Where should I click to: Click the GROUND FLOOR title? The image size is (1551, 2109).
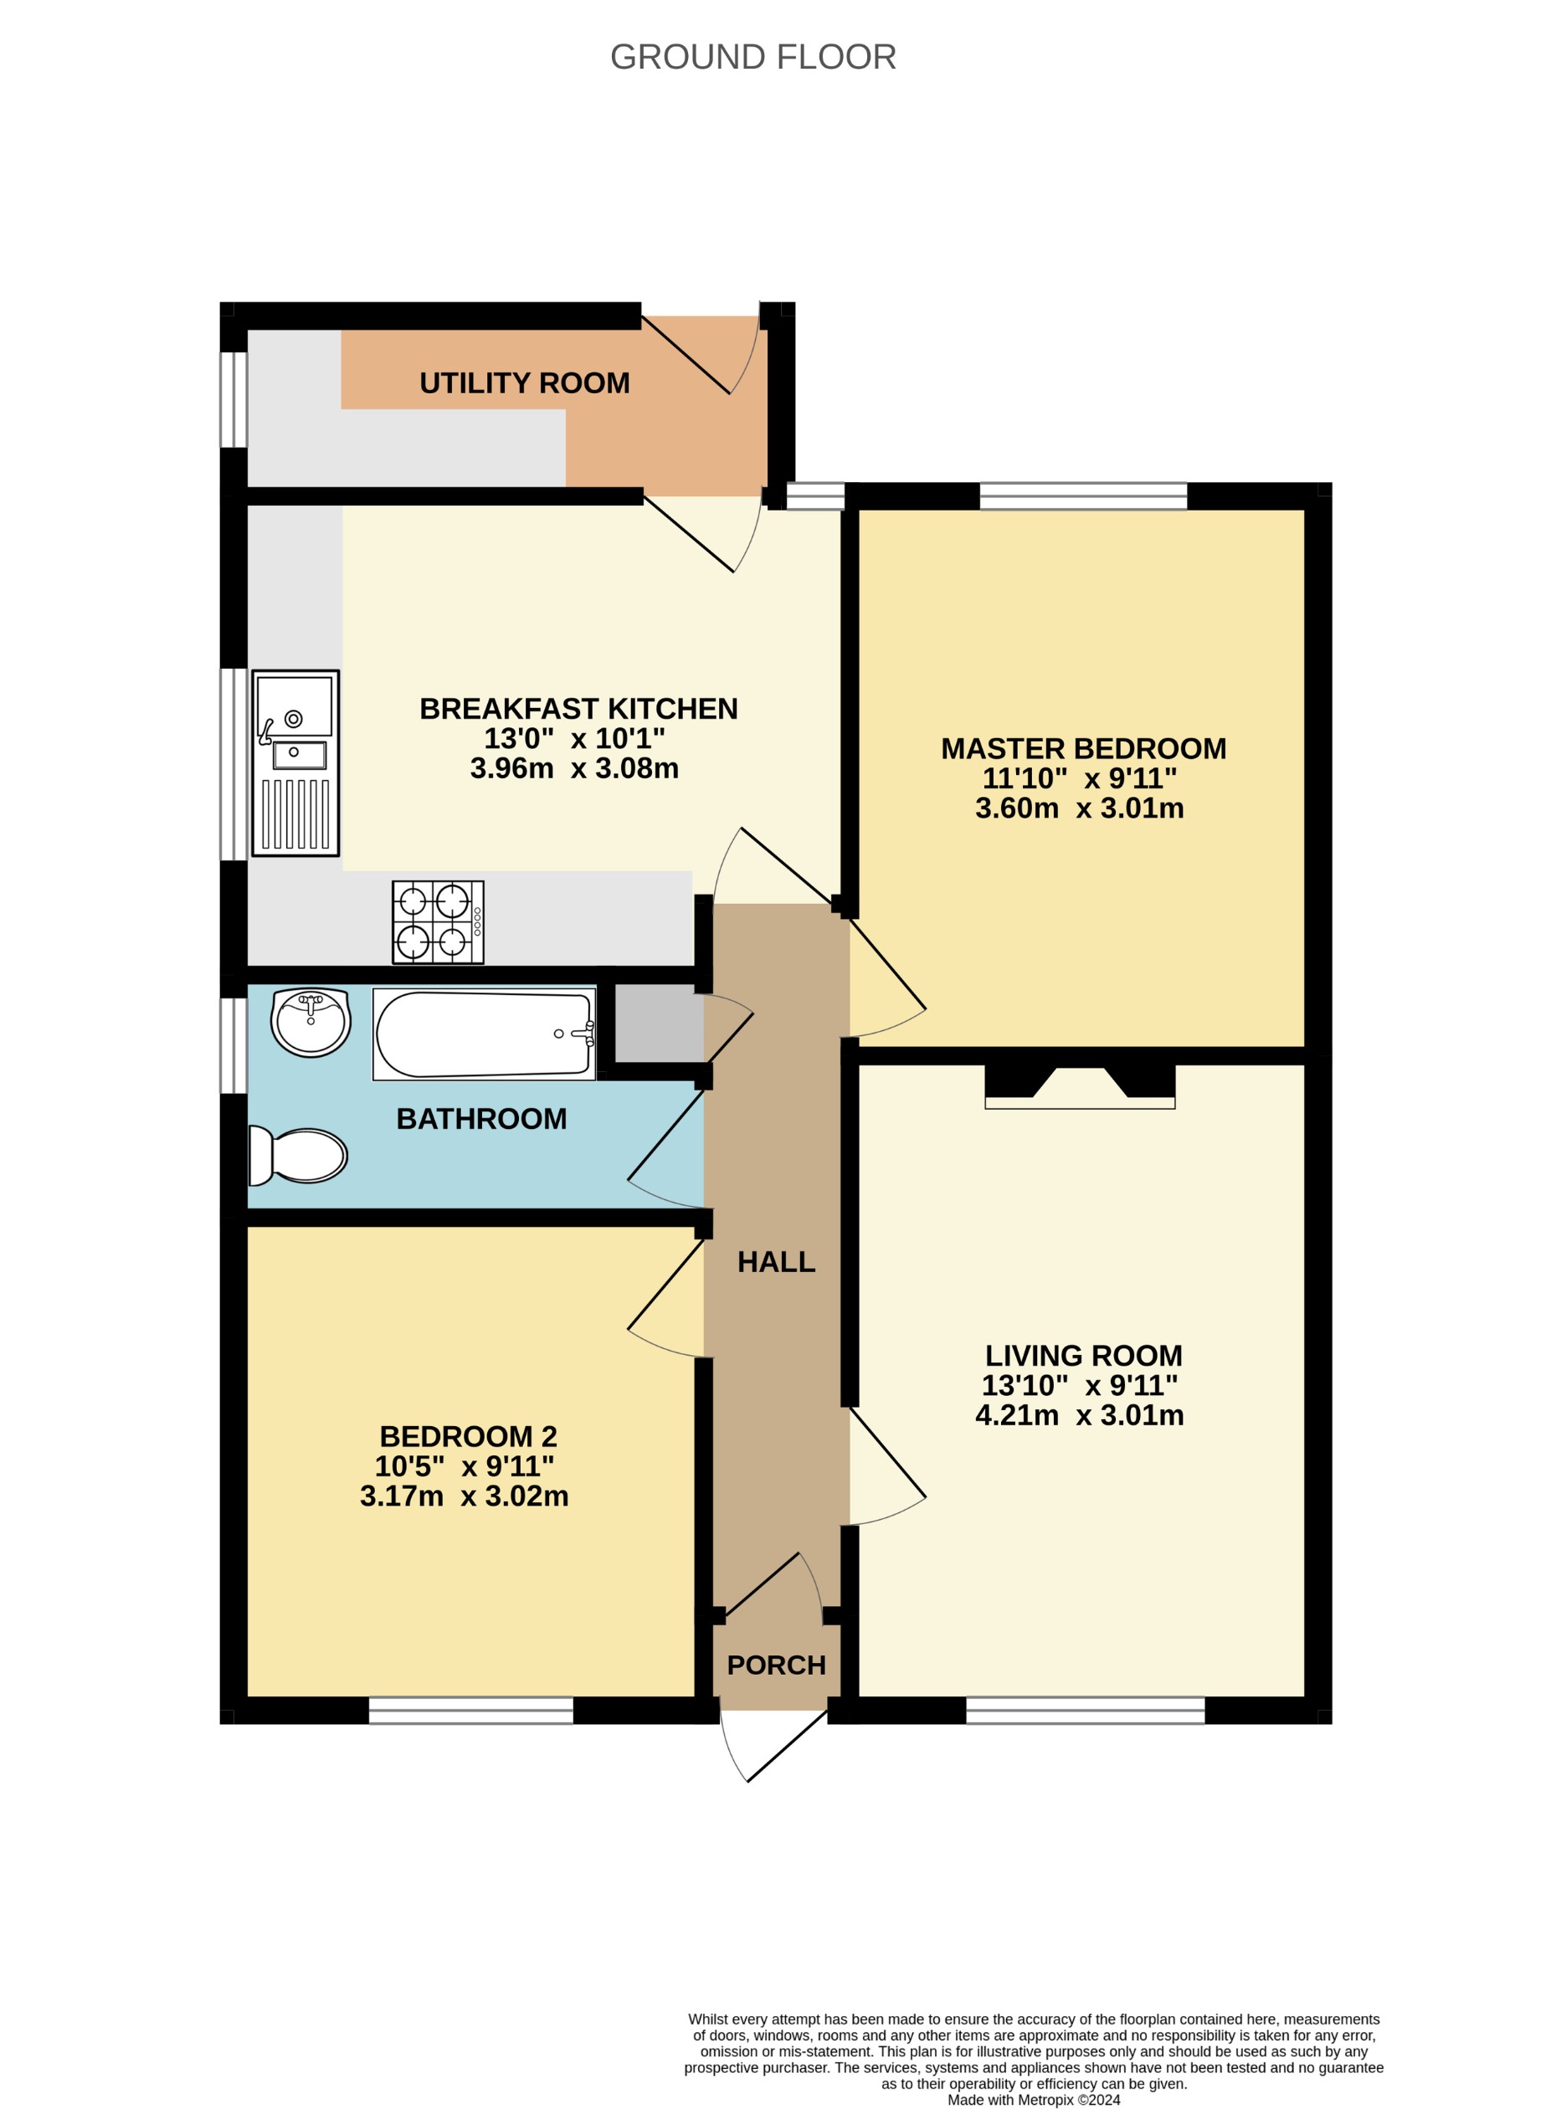click(x=753, y=57)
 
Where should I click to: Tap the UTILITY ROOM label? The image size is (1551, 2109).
click(x=524, y=383)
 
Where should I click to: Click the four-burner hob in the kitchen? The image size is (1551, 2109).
click(x=438, y=921)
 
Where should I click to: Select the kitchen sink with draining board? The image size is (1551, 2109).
click(x=295, y=762)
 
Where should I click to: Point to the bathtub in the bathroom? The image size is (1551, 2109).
click(x=485, y=1034)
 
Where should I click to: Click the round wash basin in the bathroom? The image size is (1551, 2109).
click(x=311, y=1021)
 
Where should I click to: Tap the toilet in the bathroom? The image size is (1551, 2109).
click(x=299, y=1156)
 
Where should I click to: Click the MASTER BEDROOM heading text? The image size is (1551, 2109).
click(x=1083, y=748)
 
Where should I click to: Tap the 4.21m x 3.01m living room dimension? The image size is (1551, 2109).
click(x=1079, y=1414)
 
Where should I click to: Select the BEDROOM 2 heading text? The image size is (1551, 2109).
click(x=468, y=1436)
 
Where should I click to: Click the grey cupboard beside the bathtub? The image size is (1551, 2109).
click(x=658, y=1023)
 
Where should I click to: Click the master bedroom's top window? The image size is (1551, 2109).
click(x=1082, y=495)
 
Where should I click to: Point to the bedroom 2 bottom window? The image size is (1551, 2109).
click(x=470, y=1710)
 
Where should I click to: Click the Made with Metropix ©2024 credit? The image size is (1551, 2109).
click(x=1034, y=2100)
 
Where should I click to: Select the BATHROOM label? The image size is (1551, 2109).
click(x=480, y=1119)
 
